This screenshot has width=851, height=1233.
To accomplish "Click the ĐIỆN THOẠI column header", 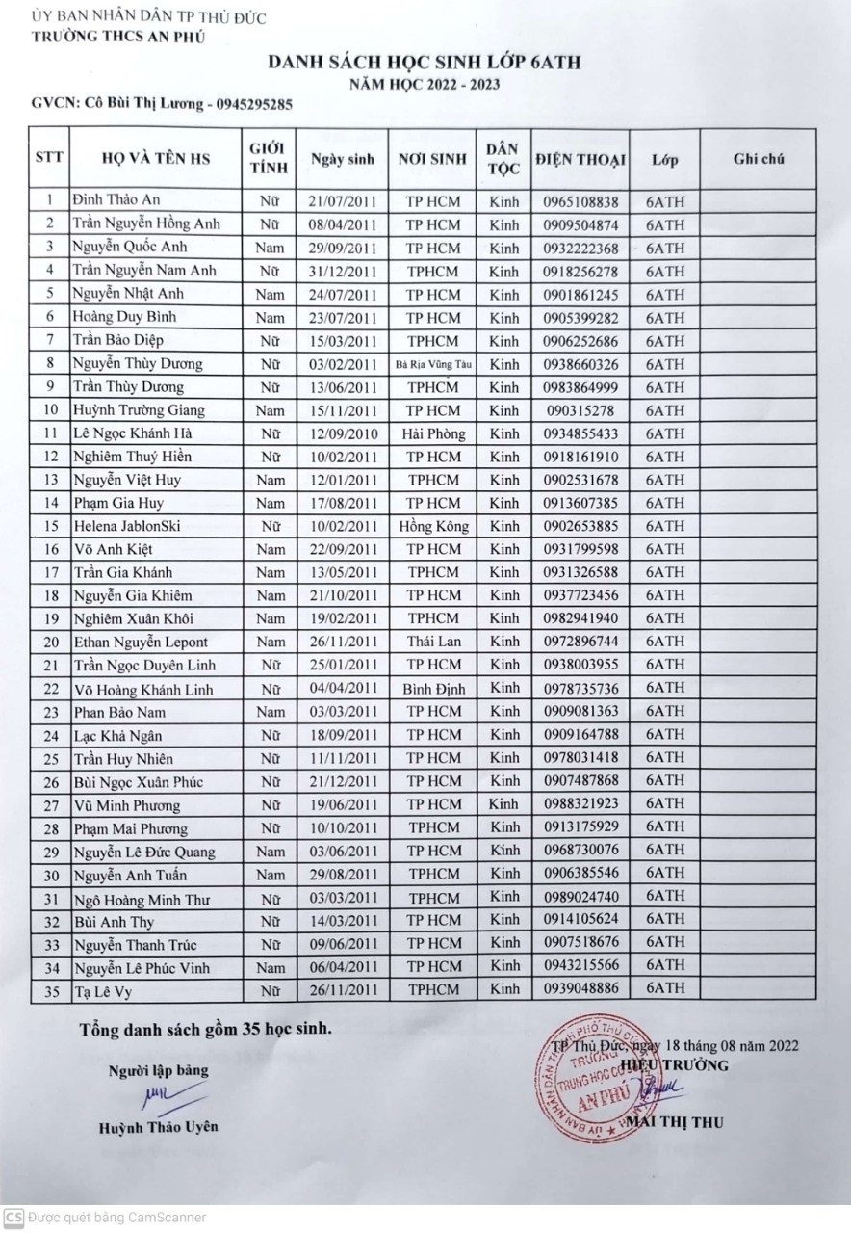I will pyautogui.click(x=580, y=159).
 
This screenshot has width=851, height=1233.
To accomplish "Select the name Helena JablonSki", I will pyautogui.click(x=126, y=526).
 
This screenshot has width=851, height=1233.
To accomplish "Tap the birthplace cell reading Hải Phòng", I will pyautogui.click(x=433, y=433).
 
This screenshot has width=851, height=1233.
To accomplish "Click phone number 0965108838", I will pyautogui.click(x=580, y=201).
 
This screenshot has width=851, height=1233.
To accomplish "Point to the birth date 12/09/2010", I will pyautogui.click(x=342, y=433).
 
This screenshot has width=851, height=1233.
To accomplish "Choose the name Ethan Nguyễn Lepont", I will pyautogui.click(x=140, y=642).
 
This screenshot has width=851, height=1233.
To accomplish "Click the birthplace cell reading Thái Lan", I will pyautogui.click(x=433, y=642).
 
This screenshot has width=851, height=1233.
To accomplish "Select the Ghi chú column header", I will pyautogui.click(x=759, y=159).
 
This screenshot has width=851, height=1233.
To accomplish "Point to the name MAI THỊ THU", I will pyautogui.click(x=674, y=1122).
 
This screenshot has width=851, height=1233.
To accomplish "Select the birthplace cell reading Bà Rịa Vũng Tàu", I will pyautogui.click(x=433, y=364).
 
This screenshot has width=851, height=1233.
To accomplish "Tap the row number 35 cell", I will pyautogui.click(x=49, y=990).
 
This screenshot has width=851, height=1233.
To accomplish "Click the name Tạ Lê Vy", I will pyautogui.click(x=102, y=990).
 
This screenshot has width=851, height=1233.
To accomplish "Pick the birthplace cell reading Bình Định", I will pyautogui.click(x=433, y=689).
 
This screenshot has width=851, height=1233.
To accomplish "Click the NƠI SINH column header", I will pyautogui.click(x=433, y=159).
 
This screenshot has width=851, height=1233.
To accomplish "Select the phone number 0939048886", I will pyautogui.click(x=580, y=989).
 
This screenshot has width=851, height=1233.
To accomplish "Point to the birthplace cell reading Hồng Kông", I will pyautogui.click(x=433, y=526).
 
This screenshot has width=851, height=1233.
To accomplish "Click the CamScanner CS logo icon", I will pyautogui.click(x=13, y=1217).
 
